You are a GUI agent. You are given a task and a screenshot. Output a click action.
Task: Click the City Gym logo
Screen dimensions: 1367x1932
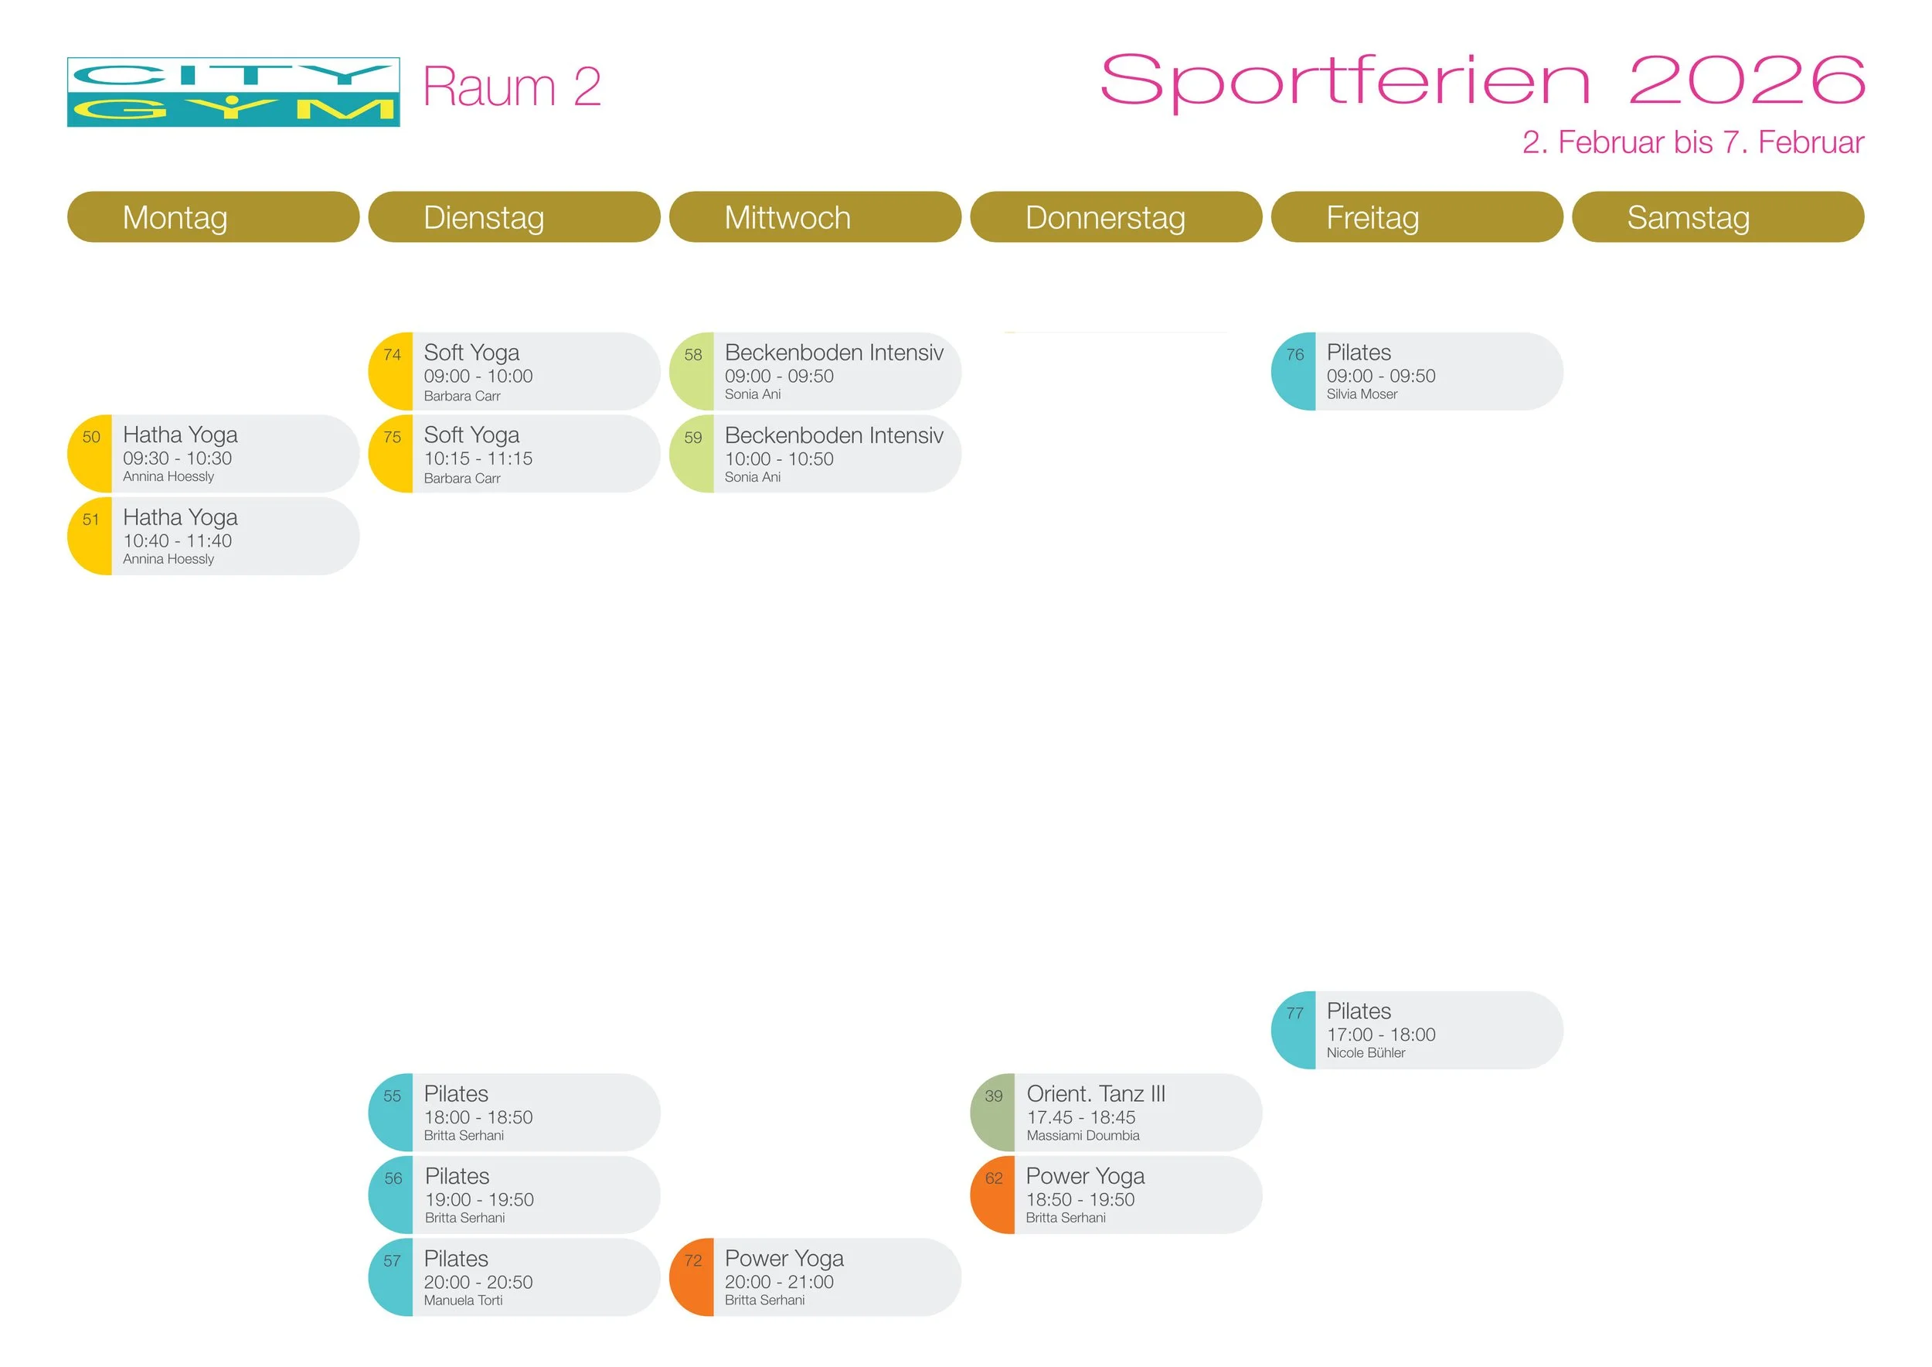pos(233,93)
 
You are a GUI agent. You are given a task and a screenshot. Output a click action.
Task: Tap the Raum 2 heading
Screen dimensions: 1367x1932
pos(512,87)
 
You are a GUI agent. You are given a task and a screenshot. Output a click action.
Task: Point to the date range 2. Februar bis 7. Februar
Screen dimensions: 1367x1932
pos(1692,142)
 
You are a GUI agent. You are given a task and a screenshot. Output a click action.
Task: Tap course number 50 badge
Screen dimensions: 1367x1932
pos(91,438)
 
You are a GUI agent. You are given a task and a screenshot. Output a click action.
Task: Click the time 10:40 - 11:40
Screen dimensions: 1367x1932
pos(178,541)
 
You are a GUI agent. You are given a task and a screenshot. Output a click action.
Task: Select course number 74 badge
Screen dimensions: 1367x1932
pos(392,355)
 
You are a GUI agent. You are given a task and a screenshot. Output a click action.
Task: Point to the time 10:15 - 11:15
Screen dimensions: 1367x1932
pos(478,459)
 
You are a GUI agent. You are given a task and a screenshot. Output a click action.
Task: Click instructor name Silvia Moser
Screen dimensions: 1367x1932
pos(1362,394)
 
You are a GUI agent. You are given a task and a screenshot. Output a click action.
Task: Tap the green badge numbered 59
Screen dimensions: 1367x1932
pos(692,438)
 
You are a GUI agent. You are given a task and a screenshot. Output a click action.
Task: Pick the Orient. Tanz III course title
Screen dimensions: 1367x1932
pos(1096,1093)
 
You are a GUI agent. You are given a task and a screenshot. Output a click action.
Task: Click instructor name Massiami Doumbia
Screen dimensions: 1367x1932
pos(1083,1136)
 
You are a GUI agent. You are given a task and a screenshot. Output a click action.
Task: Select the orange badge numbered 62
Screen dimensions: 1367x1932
pos(994,1178)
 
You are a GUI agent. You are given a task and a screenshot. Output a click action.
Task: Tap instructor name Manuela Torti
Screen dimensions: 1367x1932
pos(463,1301)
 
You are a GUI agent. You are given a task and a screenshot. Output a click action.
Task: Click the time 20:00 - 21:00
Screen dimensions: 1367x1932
pos(779,1282)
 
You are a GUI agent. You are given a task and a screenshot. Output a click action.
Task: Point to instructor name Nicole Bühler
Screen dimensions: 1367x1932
pos(1366,1053)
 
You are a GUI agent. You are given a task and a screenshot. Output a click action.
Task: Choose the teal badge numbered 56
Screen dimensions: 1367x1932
pos(393,1178)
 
